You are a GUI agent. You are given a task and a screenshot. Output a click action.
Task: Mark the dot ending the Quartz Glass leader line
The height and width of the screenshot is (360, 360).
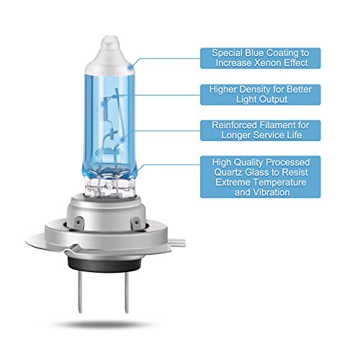tap(139, 167)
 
